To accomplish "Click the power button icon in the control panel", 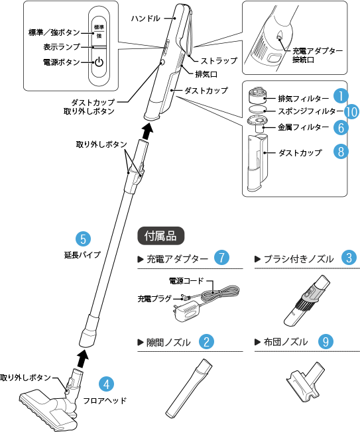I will click(98, 63).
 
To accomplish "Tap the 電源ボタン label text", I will click(61, 62).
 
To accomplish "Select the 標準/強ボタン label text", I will click(55, 32).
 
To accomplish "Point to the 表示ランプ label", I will click(62, 47).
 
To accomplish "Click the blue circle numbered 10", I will click(351, 111).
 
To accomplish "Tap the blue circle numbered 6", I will click(340, 126).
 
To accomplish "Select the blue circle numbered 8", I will click(340, 152).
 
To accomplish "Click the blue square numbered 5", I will click(82, 239).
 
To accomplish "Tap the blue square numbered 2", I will click(207, 342).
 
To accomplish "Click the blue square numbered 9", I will click(325, 342).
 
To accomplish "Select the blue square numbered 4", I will click(105, 383).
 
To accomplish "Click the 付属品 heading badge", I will click(160, 235).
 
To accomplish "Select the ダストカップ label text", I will click(300, 152).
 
